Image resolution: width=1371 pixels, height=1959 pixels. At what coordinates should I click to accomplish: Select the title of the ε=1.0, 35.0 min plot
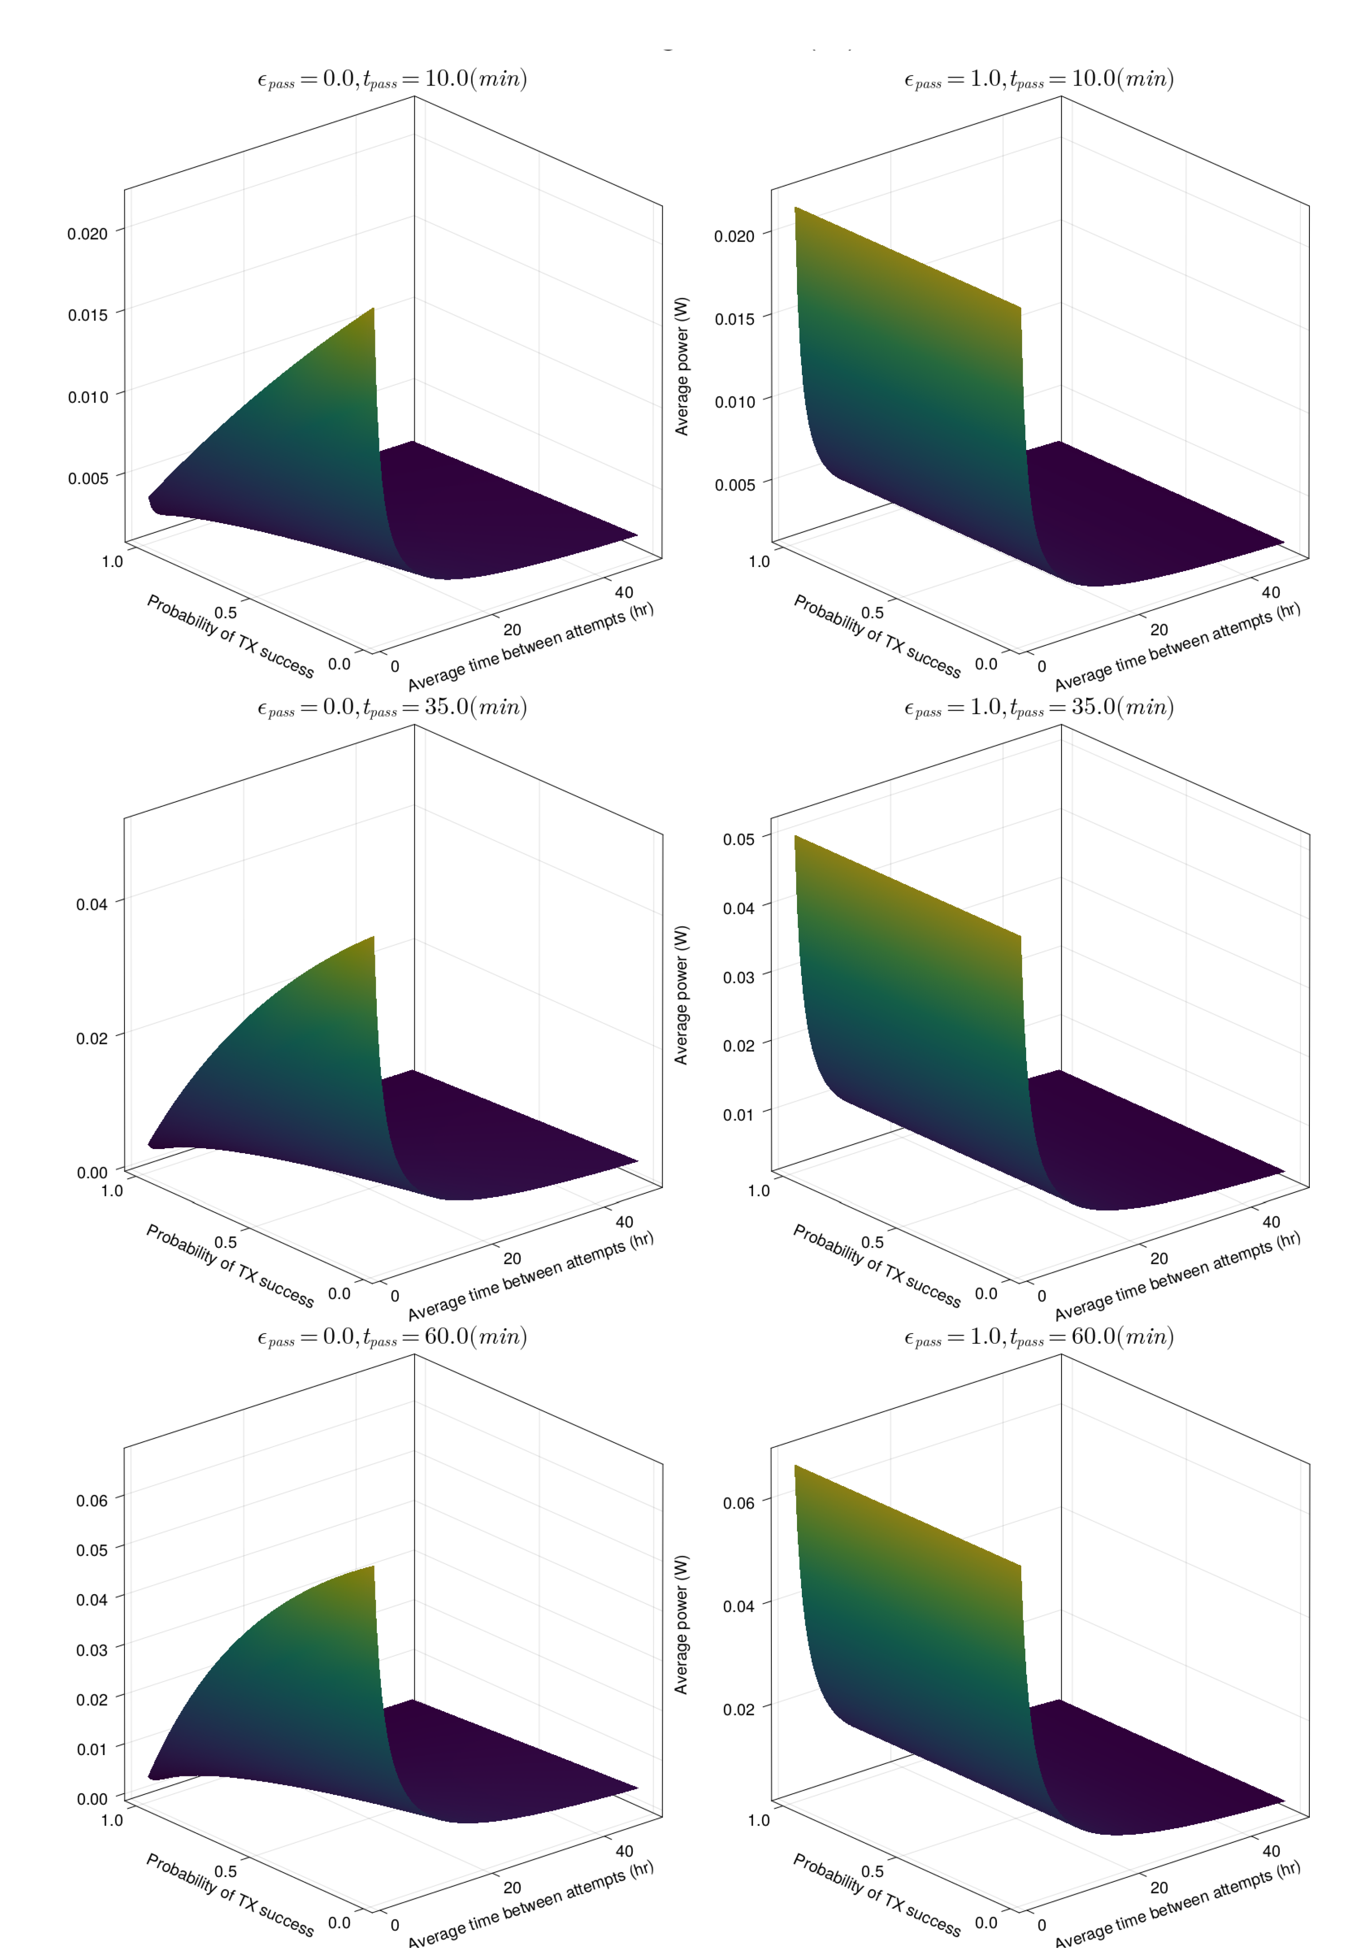[1038, 708]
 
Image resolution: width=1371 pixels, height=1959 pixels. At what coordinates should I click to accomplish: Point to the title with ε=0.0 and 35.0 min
[391, 708]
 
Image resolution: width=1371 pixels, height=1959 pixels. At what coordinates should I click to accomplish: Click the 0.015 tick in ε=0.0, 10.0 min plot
[88, 315]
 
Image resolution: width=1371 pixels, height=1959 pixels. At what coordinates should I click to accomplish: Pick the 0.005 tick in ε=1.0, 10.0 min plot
[734, 485]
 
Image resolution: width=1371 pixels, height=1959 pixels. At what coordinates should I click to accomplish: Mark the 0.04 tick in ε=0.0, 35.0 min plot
[92, 904]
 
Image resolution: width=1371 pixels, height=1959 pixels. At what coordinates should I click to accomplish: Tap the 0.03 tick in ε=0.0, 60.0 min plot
[92, 1650]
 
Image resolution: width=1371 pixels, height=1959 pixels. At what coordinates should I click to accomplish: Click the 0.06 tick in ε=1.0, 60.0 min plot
[739, 1502]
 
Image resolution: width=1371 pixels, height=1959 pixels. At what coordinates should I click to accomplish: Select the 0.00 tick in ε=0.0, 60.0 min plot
[92, 1799]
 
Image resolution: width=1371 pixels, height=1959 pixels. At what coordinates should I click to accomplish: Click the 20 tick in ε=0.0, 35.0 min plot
[512, 1259]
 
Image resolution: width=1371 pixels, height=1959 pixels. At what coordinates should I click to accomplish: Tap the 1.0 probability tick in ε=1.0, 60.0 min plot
[758, 1820]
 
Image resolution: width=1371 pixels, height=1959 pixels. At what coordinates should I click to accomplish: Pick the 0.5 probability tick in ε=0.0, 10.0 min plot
[225, 613]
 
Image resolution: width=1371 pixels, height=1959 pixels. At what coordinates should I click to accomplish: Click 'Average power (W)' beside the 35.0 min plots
[681, 995]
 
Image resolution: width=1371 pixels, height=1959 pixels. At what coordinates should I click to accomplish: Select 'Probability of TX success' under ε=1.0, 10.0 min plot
[877, 637]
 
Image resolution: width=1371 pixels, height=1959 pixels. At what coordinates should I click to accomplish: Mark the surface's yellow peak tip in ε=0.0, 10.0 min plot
[373, 310]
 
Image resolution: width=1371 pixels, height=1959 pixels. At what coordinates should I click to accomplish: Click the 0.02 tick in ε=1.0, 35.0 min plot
[739, 1046]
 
